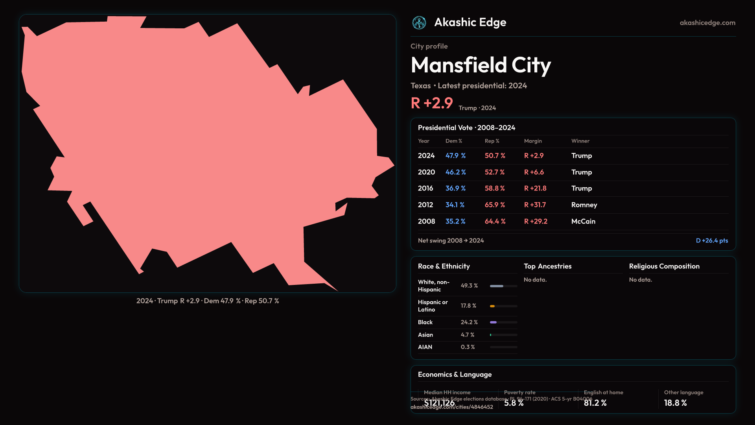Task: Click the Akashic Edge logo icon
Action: (x=419, y=23)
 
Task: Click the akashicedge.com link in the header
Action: (x=707, y=23)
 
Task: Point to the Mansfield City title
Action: (x=481, y=65)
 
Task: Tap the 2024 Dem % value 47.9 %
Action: (x=455, y=156)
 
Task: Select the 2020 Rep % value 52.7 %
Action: (x=494, y=172)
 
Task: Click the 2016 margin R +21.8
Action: (x=535, y=188)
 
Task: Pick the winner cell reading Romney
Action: (x=584, y=205)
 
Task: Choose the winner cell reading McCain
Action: (x=583, y=222)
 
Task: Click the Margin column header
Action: (x=533, y=141)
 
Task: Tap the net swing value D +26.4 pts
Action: (x=712, y=241)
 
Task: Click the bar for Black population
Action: (x=503, y=322)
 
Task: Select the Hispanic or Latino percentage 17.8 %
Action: (x=468, y=306)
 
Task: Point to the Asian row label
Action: (x=425, y=335)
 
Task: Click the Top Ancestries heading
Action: (x=547, y=266)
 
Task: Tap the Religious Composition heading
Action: (x=664, y=266)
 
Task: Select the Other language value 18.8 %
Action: (x=675, y=403)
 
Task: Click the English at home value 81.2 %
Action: (x=595, y=403)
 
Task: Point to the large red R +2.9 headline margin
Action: (x=432, y=103)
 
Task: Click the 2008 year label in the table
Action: (x=426, y=222)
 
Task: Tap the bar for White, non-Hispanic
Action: (x=503, y=286)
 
